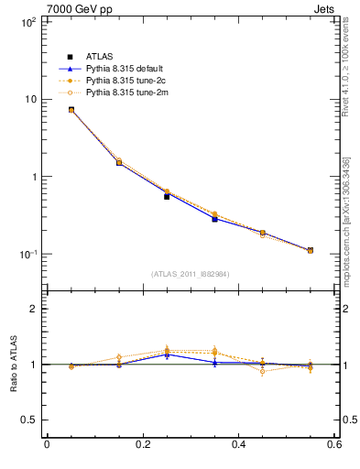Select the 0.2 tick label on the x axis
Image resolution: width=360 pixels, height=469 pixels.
(142, 444)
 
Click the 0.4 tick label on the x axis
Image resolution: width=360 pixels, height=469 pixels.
(238, 444)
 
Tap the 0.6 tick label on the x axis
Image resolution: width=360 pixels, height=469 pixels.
(334, 444)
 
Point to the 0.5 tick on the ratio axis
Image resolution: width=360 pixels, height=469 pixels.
(27, 420)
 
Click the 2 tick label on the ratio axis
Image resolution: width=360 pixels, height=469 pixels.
(32, 310)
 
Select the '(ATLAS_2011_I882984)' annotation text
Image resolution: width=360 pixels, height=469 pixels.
(191, 274)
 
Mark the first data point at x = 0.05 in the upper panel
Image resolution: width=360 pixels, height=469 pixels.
(71, 110)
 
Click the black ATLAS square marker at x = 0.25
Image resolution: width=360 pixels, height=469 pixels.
(167, 196)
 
